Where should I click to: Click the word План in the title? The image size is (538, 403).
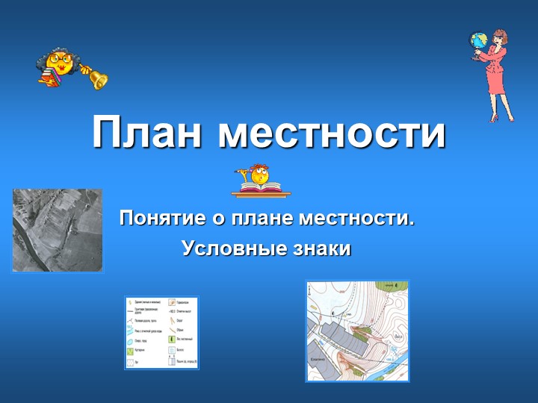click(x=148, y=132)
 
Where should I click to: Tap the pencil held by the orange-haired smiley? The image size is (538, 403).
click(x=244, y=171)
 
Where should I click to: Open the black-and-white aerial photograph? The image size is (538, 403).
click(x=57, y=230)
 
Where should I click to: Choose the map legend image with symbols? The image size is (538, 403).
click(x=161, y=332)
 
